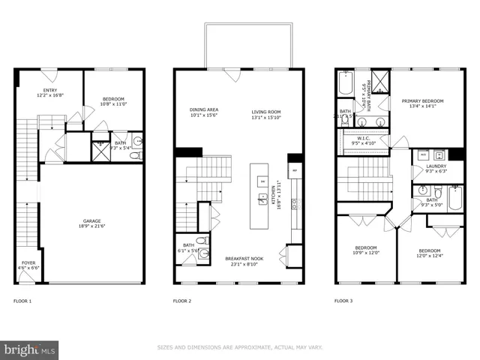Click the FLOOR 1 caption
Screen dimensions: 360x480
pyautogui.click(x=22, y=301)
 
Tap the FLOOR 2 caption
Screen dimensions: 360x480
pyautogui.click(x=182, y=301)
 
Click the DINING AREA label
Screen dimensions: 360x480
pyautogui.click(x=202, y=110)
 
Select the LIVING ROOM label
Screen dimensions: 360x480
pyautogui.click(x=267, y=110)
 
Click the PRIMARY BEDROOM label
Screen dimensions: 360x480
pyautogui.click(x=422, y=101)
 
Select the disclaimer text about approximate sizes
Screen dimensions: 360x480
pyautogui.click(x=240, y=347)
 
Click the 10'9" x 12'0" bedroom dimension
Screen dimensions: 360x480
pyautogui.click(x=366, y=252)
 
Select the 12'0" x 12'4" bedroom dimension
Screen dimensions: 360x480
pyautogui.click(x=429, y=255)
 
